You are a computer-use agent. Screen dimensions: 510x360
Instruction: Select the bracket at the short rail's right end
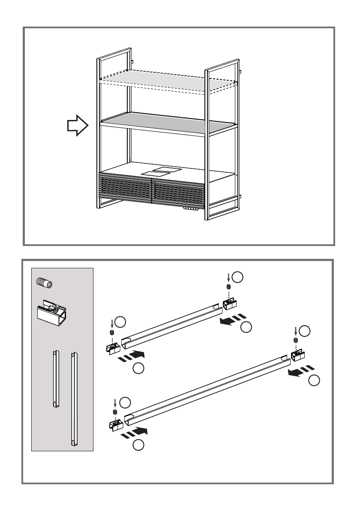229,304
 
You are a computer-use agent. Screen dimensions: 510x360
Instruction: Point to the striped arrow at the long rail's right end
300,372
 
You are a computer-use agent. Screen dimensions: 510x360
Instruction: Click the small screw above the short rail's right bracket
228,287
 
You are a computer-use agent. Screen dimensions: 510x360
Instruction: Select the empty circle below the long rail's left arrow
138,445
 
